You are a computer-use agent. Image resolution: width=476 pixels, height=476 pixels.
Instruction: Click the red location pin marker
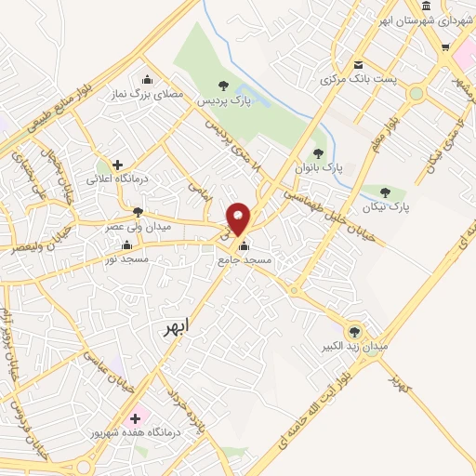(239, 218)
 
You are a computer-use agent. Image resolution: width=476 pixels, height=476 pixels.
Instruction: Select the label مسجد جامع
(245, 261)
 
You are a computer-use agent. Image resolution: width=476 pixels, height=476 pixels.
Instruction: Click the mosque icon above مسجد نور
(126, 245)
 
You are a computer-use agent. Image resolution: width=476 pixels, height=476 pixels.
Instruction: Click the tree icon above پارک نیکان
(385, 192)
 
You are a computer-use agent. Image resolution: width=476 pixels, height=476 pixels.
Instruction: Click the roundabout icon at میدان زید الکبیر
(353, 330)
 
